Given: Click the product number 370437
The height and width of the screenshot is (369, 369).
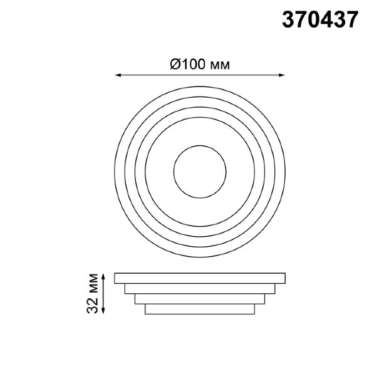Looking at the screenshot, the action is (320, 20).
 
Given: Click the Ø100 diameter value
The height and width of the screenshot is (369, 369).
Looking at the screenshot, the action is (187, 65).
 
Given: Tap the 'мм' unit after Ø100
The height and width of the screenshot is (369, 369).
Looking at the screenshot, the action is (219, 65).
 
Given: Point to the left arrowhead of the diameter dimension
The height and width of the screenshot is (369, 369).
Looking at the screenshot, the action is (117, 75).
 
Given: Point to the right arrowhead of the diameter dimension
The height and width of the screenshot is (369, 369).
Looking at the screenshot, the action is (282, 75).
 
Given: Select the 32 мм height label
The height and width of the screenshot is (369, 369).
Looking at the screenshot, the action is (92, 293).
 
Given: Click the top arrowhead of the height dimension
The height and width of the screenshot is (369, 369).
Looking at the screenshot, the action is (103, 276).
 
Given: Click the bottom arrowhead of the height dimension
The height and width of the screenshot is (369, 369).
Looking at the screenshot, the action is (103, 311).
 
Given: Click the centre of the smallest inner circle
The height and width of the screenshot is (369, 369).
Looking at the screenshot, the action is (200, 172).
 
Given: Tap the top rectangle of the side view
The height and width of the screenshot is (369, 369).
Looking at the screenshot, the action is (200, 278).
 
